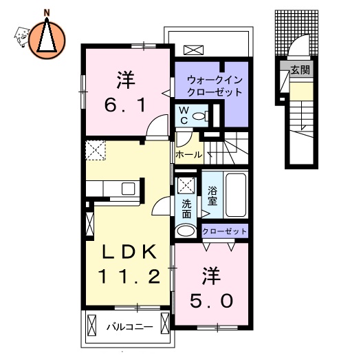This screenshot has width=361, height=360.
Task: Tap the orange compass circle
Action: coord(47,37)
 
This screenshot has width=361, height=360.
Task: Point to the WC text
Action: coord(184,115)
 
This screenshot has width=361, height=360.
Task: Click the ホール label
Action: coord(188,156)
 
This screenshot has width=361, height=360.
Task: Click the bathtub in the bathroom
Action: coord(234,194)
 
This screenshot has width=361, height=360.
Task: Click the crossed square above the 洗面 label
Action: coord(186,184)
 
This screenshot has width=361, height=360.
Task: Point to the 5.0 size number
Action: coord(211,299)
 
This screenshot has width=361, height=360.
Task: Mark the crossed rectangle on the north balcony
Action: coord(194,50)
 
